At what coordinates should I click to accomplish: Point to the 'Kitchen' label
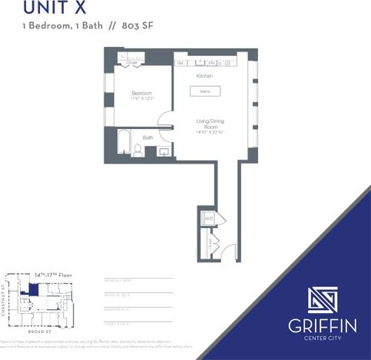click(x=204, y=77)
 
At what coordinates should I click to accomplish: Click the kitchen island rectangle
click(x=205, y=91)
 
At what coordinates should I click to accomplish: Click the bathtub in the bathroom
click(x=123, y=144)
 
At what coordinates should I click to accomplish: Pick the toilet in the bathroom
click(x=137, y=150)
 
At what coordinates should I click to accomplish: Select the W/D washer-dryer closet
click(x=207, y=219)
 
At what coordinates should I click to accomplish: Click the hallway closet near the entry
click(x=207, y=245)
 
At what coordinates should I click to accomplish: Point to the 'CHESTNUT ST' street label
click(x=5, y=301)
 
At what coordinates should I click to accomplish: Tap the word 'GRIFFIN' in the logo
click(x=322, y=325)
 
